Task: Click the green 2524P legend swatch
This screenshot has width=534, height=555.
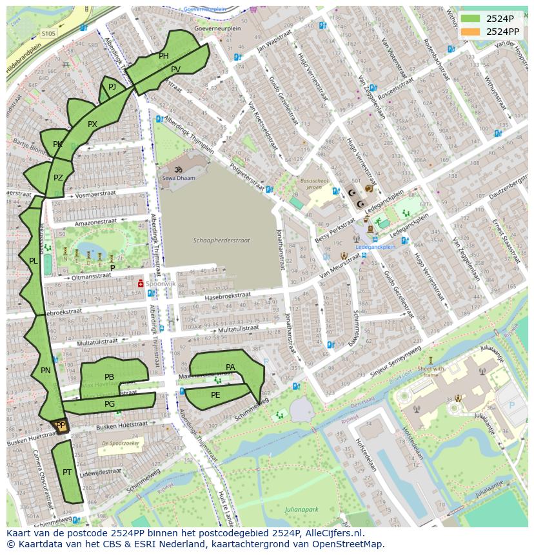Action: [470, 18]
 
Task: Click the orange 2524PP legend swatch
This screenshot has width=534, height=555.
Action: [470, 31]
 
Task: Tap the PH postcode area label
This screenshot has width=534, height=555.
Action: [164, 56]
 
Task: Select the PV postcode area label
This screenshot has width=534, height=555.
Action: [176, 70]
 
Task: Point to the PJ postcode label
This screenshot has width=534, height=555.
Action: [112, 87]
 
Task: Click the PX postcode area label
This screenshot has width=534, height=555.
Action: [92, 124]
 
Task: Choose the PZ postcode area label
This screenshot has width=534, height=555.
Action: [58, 178]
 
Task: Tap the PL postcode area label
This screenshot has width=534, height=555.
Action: [34, 261]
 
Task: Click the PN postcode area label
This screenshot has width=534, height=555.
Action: [45, 371]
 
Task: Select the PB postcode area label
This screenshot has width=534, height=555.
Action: [109, 377]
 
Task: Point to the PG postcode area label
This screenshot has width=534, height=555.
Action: [110, 404]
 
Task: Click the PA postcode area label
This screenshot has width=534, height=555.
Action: [230, 367]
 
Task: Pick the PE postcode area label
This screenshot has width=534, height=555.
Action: [215, 395]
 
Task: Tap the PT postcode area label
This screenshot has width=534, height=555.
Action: [67, 472]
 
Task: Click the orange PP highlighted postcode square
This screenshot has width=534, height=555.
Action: [60, 426]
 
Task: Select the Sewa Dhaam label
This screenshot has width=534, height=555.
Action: [178, 177]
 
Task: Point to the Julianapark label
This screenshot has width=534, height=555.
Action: [302, 509]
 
